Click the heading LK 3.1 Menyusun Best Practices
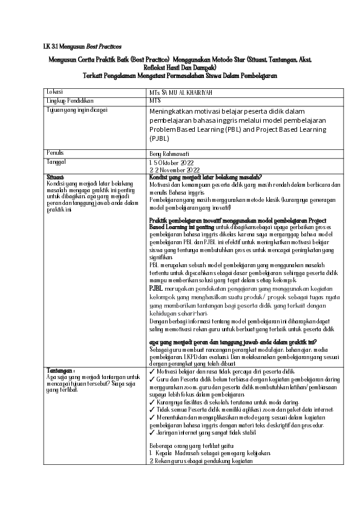(82, 47)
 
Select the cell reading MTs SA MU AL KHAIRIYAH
(181, 92)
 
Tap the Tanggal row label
(56, 162)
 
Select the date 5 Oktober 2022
(174, 163)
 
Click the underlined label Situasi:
(55, 177)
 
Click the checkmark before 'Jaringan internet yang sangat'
(151, 433)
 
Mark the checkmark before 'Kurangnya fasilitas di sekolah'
(151, 401)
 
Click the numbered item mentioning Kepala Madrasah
(210, 452)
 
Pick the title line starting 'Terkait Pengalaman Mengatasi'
(180, 76)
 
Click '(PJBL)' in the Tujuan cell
(160, 138)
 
